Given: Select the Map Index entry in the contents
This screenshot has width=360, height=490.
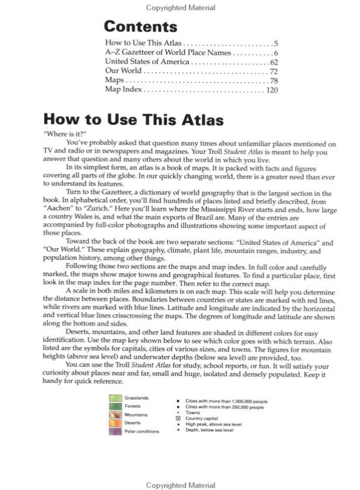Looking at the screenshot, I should pos(123,89).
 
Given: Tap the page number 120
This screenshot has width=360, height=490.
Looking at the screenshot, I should pos(271,89).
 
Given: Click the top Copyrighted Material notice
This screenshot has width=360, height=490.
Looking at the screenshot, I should pos(180,8).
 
